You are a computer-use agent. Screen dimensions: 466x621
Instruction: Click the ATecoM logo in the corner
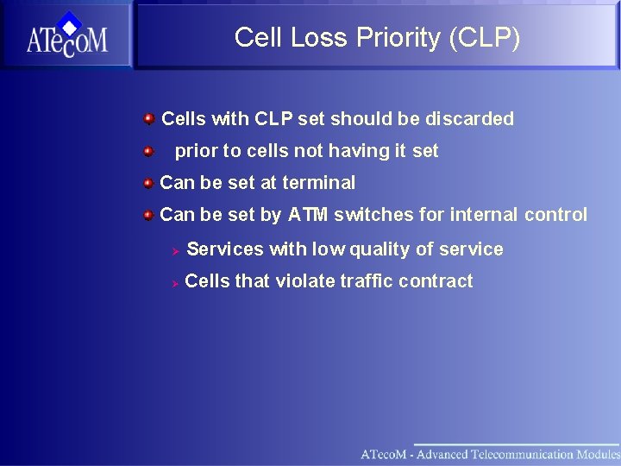[x=66, y=35]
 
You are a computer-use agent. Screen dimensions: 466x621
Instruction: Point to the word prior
[x=196, y=151]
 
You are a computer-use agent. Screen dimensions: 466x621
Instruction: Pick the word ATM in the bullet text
[x=308, y=215]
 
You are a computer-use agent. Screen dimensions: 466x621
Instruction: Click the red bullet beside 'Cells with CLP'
[x=148, y=118]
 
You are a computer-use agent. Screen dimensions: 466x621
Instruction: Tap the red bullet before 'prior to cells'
[x=148, y=151]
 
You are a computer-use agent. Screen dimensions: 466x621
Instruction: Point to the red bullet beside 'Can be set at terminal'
[x=148, y=182]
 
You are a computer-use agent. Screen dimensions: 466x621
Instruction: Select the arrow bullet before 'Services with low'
[x=173, y=250]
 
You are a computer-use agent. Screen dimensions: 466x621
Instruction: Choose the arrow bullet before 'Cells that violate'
[x=173, y=282]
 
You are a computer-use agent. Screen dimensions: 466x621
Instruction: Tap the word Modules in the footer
[x=596, y=454]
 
